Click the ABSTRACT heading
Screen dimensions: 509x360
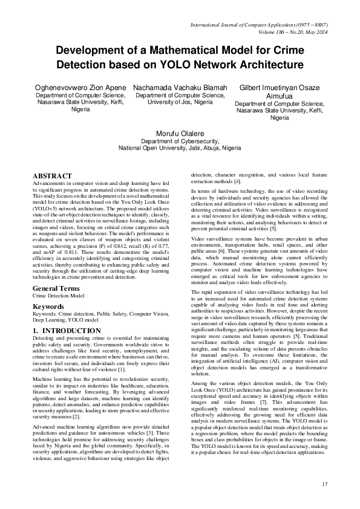tap(53, 177)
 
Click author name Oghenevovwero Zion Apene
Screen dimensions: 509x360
tap(80, 88)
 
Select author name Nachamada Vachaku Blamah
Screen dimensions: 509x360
tap(180, 88)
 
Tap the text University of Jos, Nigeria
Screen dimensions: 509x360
tap(180, 103)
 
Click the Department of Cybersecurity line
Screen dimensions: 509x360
tap(179, 141)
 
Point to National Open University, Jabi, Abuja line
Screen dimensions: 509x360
tap(179, 148)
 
